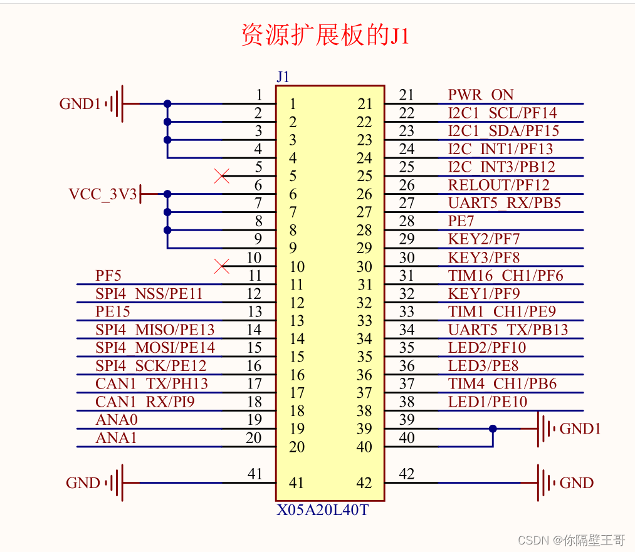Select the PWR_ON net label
point(481,95)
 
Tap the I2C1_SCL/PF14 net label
point(502,113)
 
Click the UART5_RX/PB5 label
point(504,204)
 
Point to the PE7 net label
point(461,221)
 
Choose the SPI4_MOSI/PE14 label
point(155,348)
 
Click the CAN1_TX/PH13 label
point(151,383)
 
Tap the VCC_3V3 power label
point(103,194)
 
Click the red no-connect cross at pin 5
point(221,176)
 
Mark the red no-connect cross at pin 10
point(221,266)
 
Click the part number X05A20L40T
point(322,510)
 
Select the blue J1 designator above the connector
point(283,77)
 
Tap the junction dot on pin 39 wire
point(493,429)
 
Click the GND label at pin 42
point(576,483)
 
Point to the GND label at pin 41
point(83,483)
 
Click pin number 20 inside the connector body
point(297,447)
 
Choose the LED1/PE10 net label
point(488,402)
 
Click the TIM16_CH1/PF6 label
point(505,276)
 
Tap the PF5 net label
point(108,276)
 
